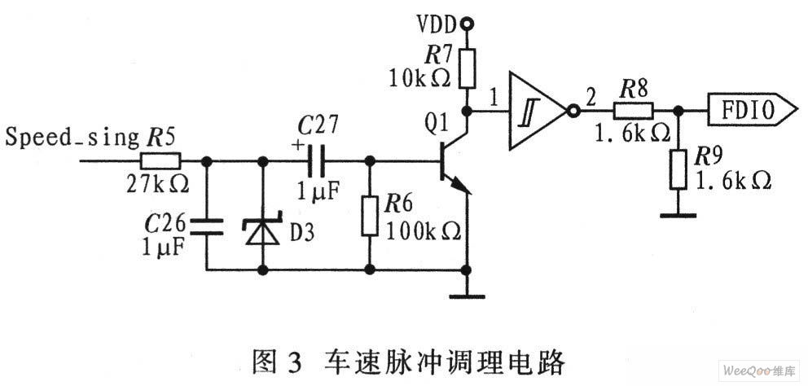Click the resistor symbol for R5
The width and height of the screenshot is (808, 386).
pos(166,160)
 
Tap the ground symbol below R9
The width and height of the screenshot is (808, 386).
pos(675,214)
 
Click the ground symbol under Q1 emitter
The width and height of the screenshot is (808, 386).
pos(468,296)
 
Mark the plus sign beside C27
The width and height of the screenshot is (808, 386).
pos(296,147)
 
